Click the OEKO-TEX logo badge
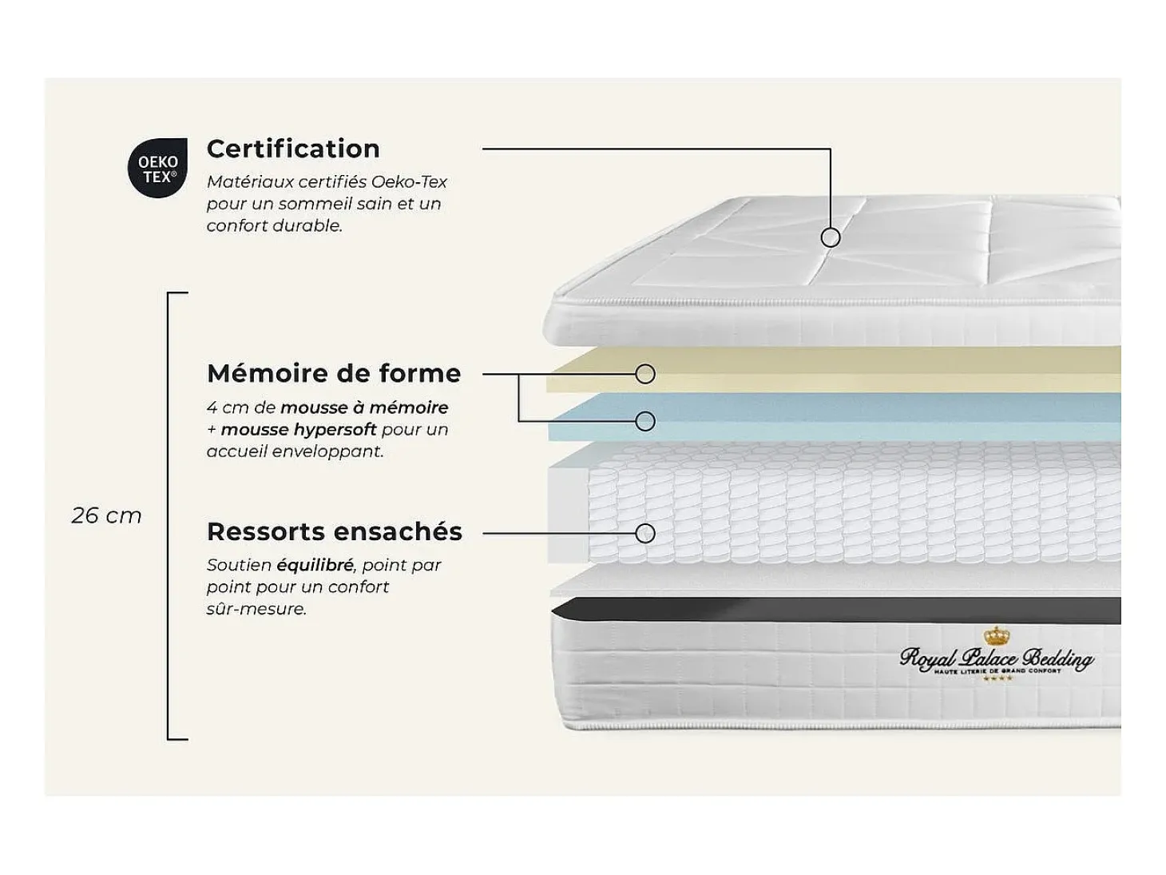[157, 168]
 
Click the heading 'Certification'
[293, 149]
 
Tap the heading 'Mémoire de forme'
[334, 373]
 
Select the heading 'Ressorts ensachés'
[335, 532]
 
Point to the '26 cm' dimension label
[107, 516]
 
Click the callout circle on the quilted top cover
[831, 237]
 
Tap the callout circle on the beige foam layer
[644, 374]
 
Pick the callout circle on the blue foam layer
[644, 421]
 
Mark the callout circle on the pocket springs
[644, 534]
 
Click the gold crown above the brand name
[997, 634]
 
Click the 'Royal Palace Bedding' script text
[997, 658]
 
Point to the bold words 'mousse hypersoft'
[299, 429]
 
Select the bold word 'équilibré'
[315, 565]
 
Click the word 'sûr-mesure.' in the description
[256, 609]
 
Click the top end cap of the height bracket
[177, 292]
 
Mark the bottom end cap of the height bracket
[177, 738]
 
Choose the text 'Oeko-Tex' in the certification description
[409, 181]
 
